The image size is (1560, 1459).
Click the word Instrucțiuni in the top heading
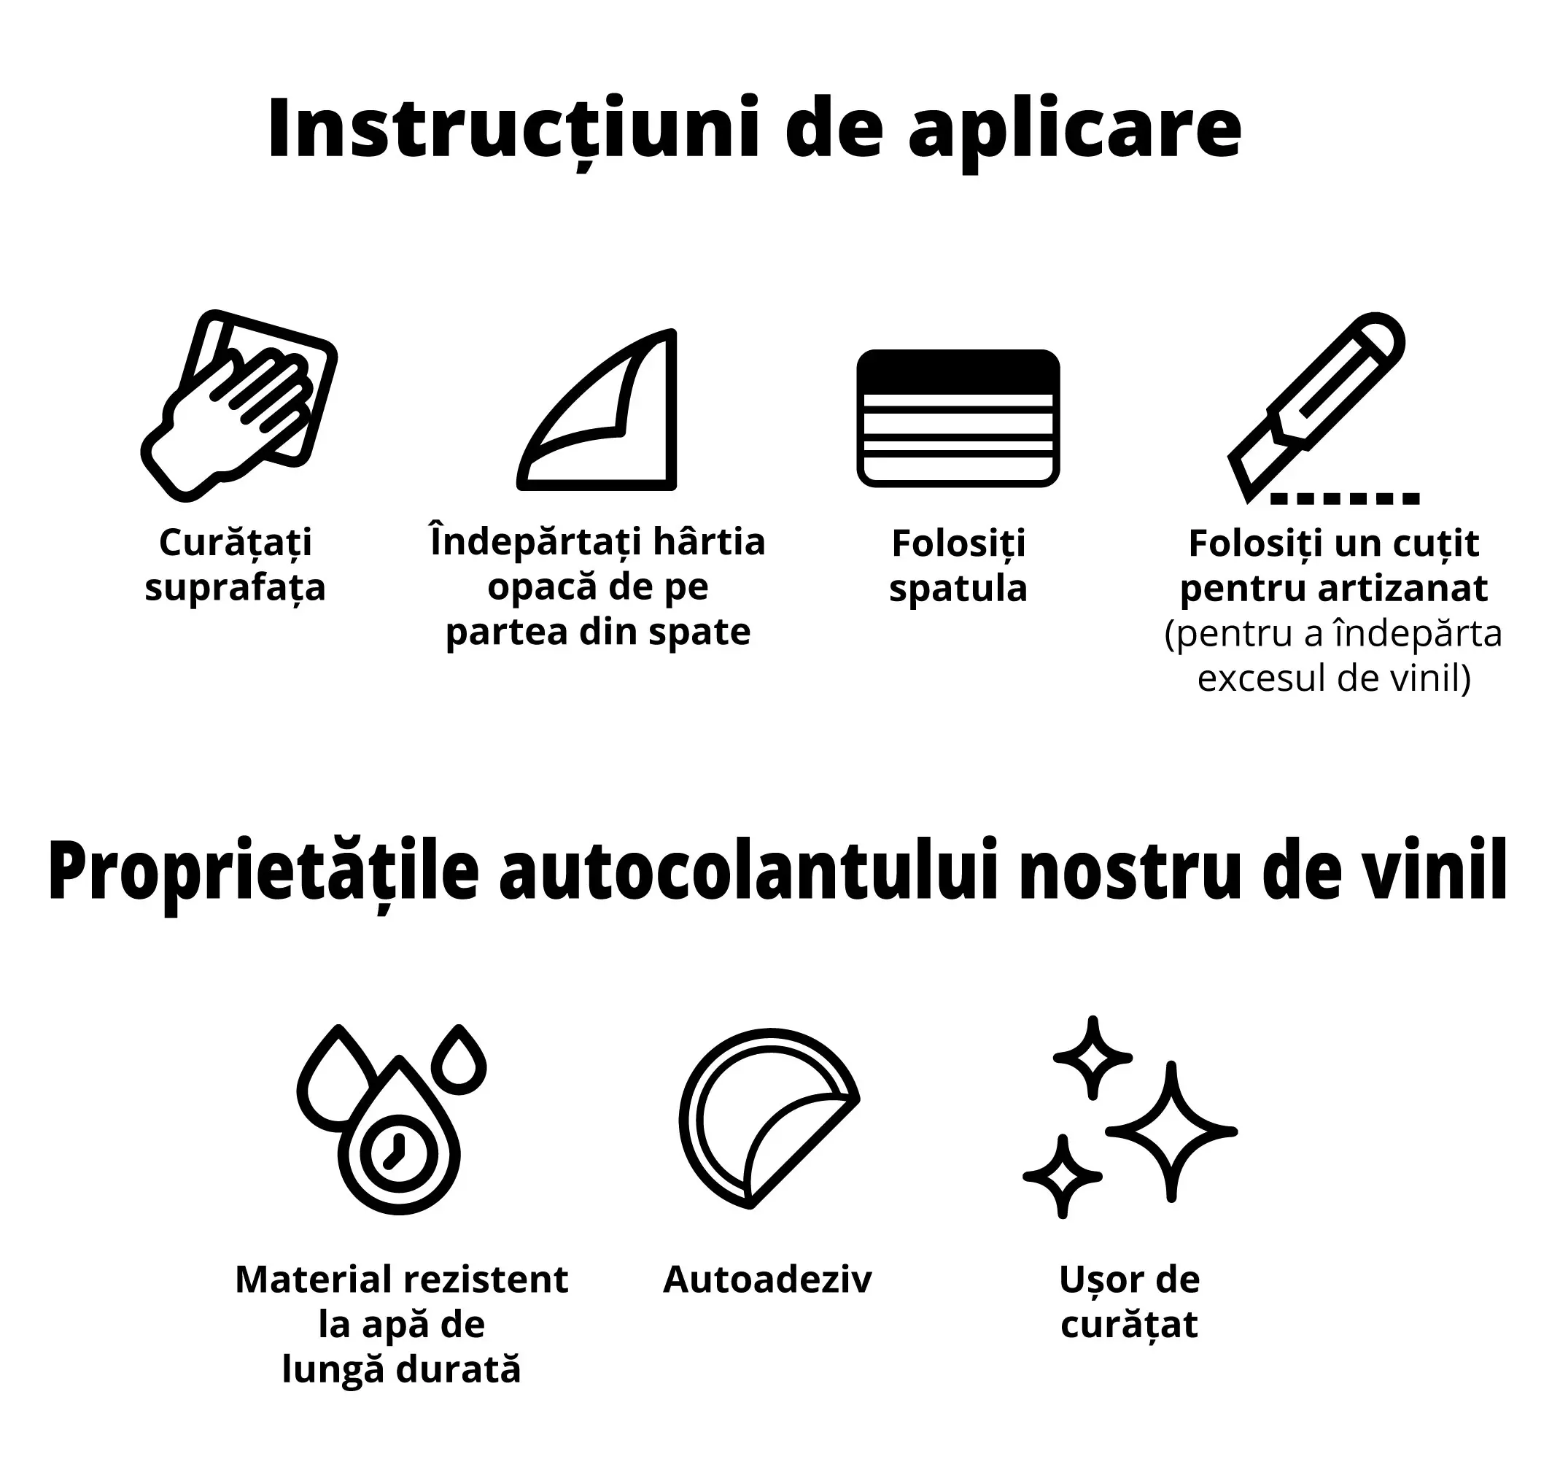point(514,131)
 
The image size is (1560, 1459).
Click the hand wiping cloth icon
point(238,406)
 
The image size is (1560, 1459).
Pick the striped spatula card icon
point(958,418)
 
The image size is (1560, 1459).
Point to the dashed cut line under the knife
point(1345,498)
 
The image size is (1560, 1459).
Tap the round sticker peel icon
point(769,1118)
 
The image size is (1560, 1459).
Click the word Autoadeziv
point(767,1279)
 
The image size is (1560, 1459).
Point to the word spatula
point(958,589)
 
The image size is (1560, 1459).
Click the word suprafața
point(235,589)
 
